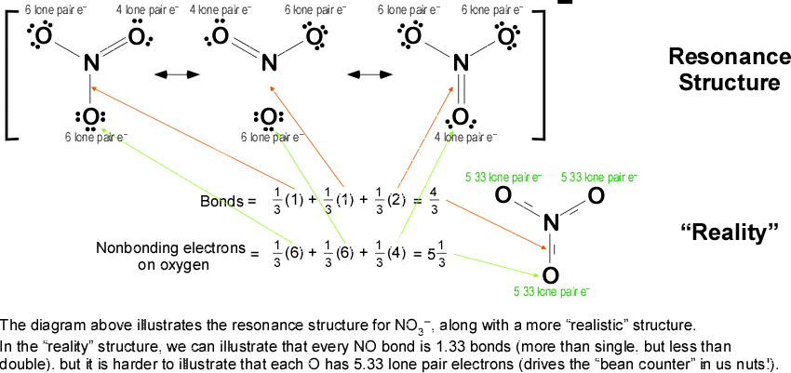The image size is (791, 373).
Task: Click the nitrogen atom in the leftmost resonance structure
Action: pyautogui.click(x=90, y=64)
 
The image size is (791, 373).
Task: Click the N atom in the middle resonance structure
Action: pyautogui.click(x=270, y=64)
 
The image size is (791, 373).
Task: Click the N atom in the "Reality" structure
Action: pyautogui.click(x=550, y=222)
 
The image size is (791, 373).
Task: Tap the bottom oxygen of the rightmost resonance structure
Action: pyautogui.click(x=460, y=118)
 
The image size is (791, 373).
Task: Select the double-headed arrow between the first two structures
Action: pyautogui.click(x=154, y=73)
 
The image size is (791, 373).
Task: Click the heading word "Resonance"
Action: pyautogui.click(x=724, y=56)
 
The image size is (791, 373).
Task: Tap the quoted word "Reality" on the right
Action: pyautogui.click(x=731, y=232)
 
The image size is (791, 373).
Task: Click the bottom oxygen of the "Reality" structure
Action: pyautogui.click(x=550, y=275)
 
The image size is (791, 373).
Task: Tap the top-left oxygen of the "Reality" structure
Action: pyautogui.click(x=503, y=195)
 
